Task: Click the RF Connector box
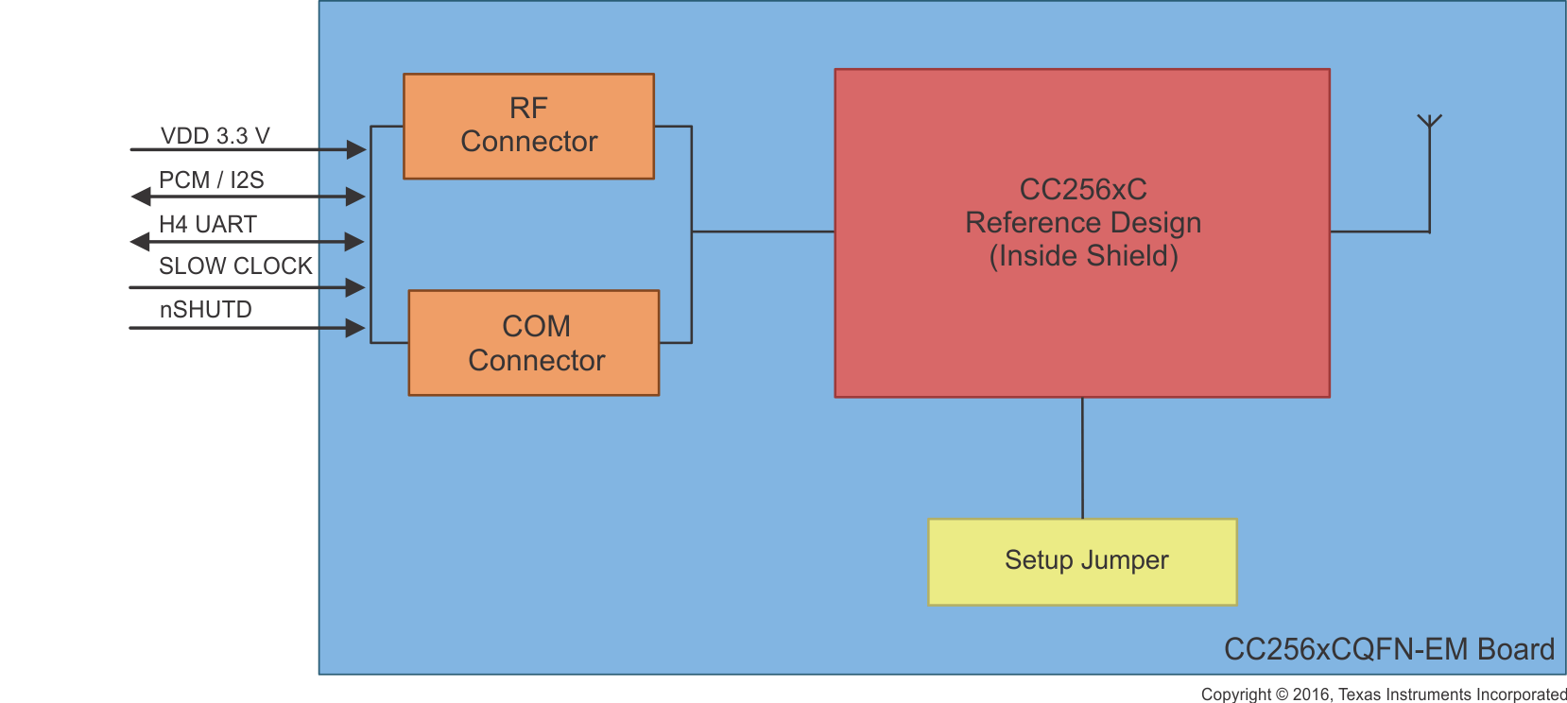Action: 528,126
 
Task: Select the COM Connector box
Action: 534,343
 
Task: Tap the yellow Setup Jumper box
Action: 1082,561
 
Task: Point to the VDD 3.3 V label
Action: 215,136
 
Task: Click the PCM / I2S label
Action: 211,180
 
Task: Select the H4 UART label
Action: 207,224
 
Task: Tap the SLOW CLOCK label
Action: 235,266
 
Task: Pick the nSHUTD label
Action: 205,310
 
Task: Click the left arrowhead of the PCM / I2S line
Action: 141,197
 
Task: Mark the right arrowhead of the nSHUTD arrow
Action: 355,328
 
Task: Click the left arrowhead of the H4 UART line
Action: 140,242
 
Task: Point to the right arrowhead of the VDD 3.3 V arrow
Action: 355,149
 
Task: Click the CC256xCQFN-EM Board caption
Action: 1388,649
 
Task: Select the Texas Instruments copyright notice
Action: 1384,694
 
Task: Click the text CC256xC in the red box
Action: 1082,189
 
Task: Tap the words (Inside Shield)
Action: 1083,256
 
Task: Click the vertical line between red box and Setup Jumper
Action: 1082,458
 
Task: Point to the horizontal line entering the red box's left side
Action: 763,231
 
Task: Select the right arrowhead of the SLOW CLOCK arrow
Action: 355,287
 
